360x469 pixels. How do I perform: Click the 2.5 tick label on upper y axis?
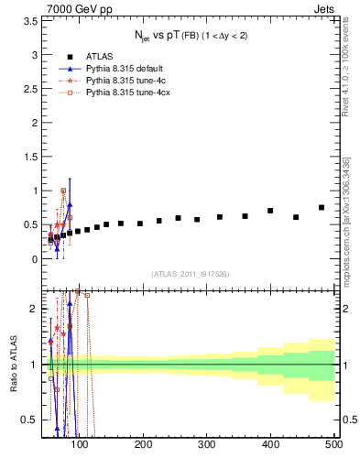click(x=29, y=102)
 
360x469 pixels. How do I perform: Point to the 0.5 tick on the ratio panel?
click(x=29, y=420)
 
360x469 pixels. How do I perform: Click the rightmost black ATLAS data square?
click(x=322, y=208)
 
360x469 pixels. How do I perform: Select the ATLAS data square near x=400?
click(x=270, y=211)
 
